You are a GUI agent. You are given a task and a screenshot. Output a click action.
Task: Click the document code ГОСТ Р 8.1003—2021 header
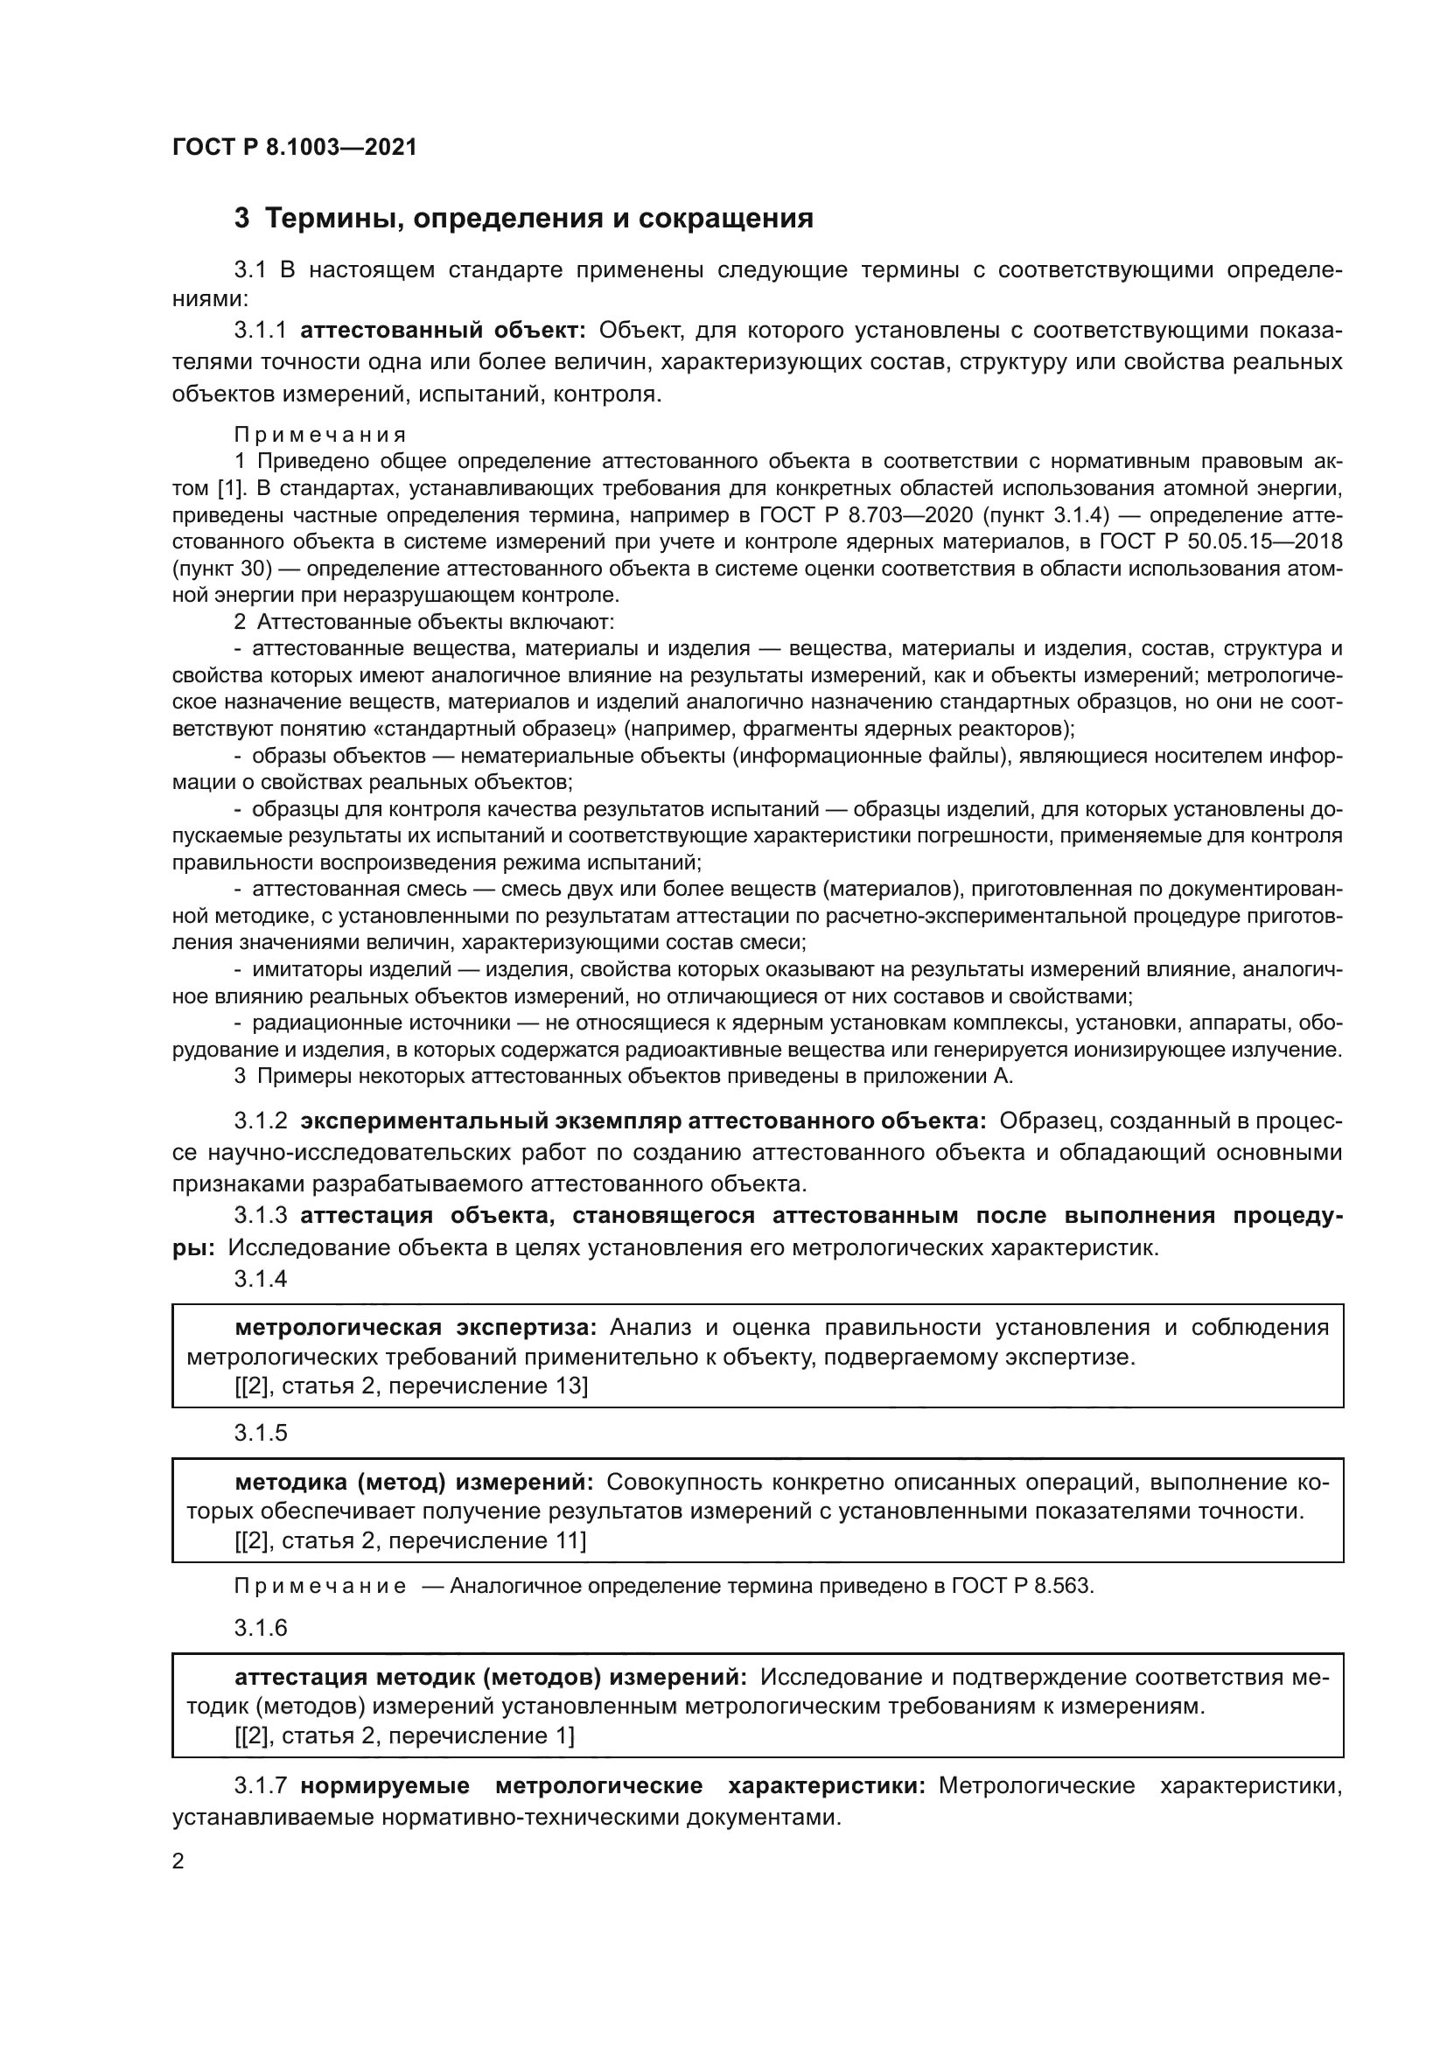[x=294, y=147]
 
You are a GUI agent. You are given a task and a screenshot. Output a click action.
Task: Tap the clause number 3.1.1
[x=260, y=331]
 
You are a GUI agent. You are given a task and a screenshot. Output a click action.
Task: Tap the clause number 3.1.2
[x=260, y=1121]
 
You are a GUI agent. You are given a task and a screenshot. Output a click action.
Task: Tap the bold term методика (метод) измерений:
[x=415, y=1482]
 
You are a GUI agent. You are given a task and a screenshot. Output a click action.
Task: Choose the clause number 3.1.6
[x=260, y=1628]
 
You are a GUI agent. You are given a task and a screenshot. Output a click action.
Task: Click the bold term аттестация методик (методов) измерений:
[x=491, y=1677]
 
